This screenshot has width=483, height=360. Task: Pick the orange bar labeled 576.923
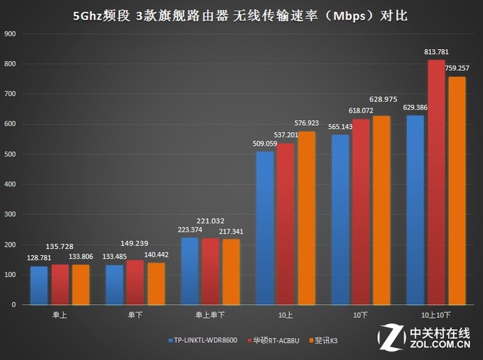click(x=306, y=218)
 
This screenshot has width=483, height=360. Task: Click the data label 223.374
click(x=191, y=229)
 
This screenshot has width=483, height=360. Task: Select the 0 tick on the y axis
click(x=15, y=305)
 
